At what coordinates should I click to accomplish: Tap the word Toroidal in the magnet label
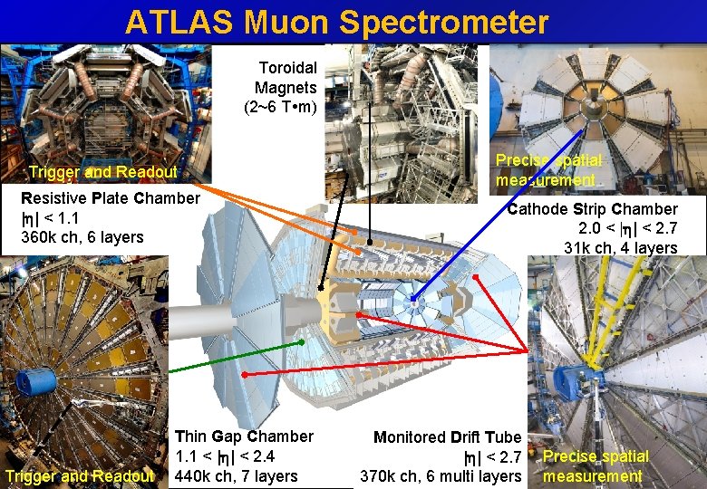(x=287, y=68)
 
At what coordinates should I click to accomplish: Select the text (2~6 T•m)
(x=281, y=108)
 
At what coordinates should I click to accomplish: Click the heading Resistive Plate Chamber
(x=111, y=198)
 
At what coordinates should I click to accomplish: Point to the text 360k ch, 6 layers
(x=82, y=238)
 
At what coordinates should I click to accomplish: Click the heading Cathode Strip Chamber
(x=593, y=210)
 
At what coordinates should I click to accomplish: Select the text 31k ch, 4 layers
(x=620, y=248)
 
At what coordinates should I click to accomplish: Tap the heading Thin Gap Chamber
(x=244, y=436)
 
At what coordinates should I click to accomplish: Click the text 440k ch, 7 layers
(x=236, y=476)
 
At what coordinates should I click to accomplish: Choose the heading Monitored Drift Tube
(x=448, y=437)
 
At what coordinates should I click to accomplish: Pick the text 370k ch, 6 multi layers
(x=441, y=476)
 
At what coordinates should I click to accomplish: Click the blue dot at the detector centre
(x=412, y=299)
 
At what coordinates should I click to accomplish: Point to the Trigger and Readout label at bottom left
(x=79, y=476)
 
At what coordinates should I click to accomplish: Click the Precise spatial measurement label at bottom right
(x=596, y=466)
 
